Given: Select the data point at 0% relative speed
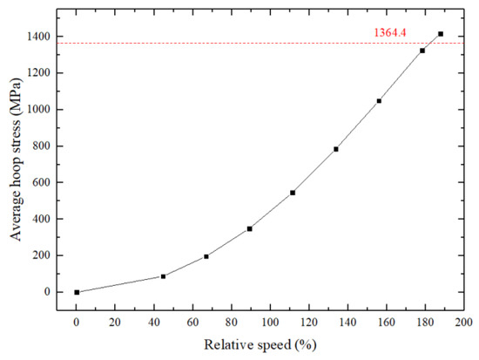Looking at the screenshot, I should coord(77,292).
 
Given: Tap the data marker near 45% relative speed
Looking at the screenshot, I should coord(163,276).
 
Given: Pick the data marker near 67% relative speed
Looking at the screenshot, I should coord(206,256).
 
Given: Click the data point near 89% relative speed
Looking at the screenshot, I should coord(250,228).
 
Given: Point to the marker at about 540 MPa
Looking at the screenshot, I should coord(293,193).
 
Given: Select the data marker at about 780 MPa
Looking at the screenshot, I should coord(336,149).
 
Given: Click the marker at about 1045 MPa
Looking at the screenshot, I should coord(379,101).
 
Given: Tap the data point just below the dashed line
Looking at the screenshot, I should coord(422,51).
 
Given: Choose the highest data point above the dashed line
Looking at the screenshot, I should coord(441,34).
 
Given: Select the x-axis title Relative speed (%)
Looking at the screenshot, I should coord(269,345).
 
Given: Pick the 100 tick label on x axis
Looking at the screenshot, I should coord(270,320).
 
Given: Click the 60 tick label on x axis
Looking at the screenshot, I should coord(192,320).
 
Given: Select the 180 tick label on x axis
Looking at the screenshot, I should coord(425,320).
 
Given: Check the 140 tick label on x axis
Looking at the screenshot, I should coord(347,320).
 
